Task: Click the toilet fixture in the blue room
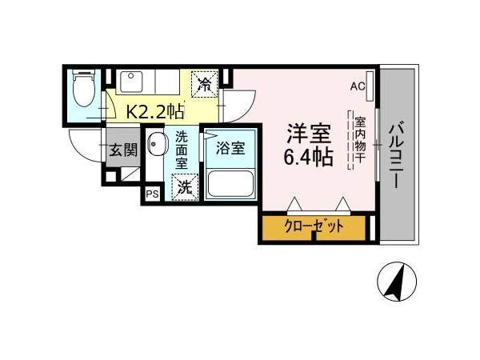click(84, 88)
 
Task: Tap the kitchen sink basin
click(131, 82)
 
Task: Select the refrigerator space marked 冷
click(205, 84)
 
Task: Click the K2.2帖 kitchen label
click(155, 111)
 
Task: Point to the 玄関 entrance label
click(123, 150)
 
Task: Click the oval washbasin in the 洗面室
click(158, 144)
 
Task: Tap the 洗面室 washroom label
click(182, 150)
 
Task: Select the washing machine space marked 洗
click(185, 187)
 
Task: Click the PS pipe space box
click(152, 194)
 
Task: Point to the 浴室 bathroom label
click(230, 148)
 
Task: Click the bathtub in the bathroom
click(230, 184)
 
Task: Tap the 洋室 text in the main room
click(308, 134)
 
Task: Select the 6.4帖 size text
click(308, 157)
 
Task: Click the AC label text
click(358, 86)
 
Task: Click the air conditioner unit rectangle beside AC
click(370, 86)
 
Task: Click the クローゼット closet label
click(314, 226)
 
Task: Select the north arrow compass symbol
click(397, 281)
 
